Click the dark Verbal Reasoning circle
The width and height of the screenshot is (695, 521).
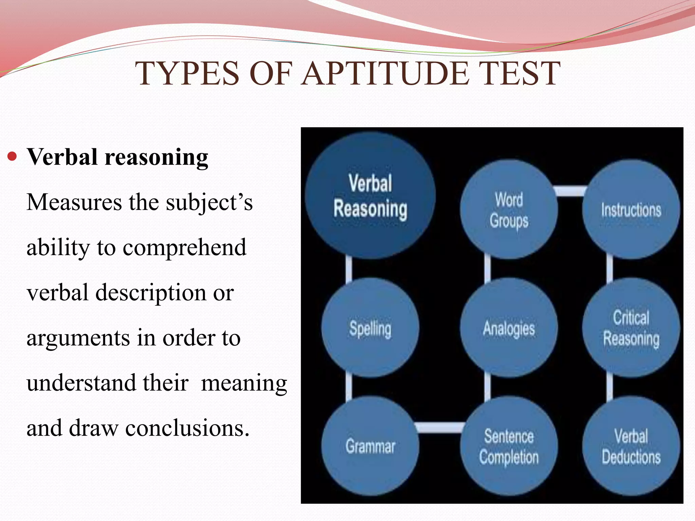click(370, 196)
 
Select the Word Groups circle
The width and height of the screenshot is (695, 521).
click(508, 210)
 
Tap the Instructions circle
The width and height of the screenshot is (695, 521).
click(631, 210)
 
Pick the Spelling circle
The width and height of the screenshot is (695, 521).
click(370, 328)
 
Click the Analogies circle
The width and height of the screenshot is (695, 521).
click(508, 328)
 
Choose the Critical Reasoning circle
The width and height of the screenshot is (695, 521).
click(631, 328)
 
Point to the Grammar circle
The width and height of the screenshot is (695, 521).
click(370, 446)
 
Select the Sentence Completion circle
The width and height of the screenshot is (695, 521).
click(508, 446)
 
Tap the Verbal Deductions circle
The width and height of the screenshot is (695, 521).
click(631, 446)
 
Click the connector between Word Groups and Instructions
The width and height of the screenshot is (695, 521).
click(570, 191)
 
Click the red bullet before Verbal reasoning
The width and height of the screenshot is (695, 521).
click(12, 157)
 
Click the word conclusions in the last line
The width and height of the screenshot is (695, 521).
click(187, 428)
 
